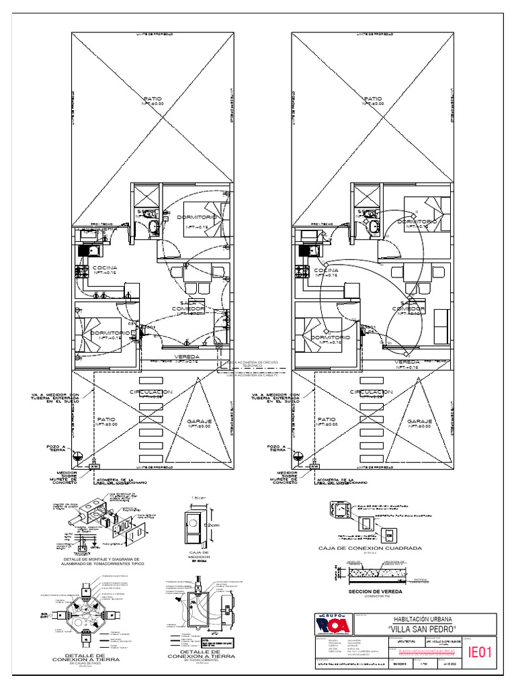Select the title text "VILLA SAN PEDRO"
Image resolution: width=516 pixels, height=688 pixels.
[422, 629]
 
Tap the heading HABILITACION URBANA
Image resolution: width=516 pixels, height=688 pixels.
[422, 619]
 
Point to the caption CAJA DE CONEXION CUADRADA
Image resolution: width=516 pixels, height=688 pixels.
[370, 548]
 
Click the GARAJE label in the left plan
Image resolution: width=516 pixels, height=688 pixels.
[200, 422]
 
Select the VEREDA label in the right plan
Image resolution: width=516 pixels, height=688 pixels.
[406, 362]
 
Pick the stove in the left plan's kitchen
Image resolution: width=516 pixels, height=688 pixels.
[82, 271]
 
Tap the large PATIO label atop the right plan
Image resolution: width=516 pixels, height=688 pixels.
[374, 99]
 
